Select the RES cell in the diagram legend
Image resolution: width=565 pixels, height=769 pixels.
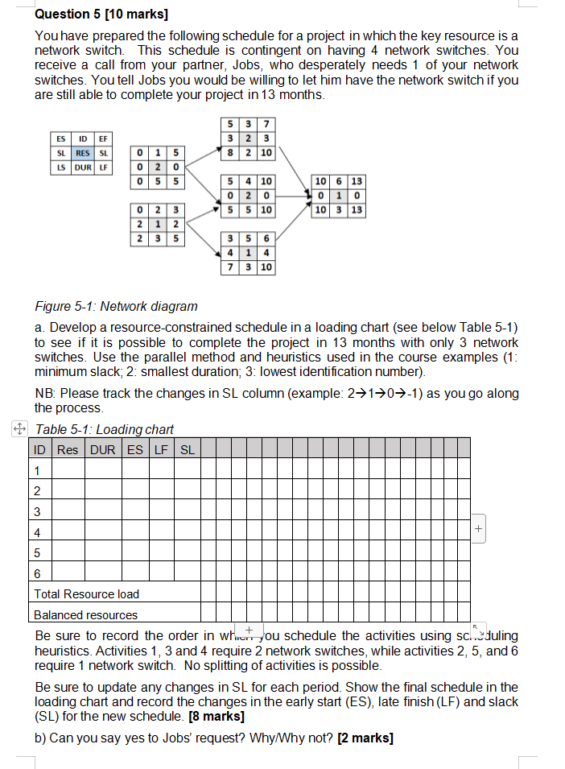coord(82,153)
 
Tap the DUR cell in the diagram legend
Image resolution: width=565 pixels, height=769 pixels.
coord(82,167)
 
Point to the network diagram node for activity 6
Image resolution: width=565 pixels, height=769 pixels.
coord(339,196)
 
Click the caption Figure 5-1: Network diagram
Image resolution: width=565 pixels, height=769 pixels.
coord(117,306)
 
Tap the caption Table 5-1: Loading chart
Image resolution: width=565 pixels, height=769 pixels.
coord(105,429)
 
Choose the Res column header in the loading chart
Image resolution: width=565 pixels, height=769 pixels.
coord(68,449)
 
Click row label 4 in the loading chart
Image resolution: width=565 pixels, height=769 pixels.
coord(38,533)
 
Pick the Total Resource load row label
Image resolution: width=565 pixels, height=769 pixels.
coord(86,594)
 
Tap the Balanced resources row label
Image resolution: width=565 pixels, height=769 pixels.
coord(85,615)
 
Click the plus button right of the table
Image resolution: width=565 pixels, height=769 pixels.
coord(479,529)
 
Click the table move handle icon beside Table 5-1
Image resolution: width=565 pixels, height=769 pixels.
coord(20,428)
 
